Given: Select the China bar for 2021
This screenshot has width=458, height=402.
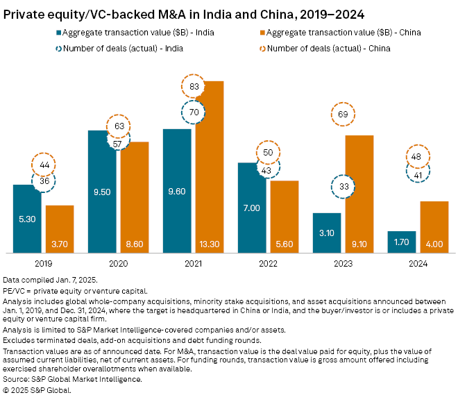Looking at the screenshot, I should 210,167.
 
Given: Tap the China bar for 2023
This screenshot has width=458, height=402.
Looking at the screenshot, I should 359,194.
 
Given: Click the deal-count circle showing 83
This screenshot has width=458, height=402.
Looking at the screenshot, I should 195,87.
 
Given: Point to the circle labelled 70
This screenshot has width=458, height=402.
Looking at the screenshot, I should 195,111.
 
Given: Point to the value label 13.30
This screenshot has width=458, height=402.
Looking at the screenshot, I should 210,243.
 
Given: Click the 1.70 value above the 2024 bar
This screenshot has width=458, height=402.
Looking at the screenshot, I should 401,243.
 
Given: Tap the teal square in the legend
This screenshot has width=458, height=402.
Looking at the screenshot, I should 56,32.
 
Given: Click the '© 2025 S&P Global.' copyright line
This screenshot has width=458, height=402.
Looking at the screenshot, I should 37,390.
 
